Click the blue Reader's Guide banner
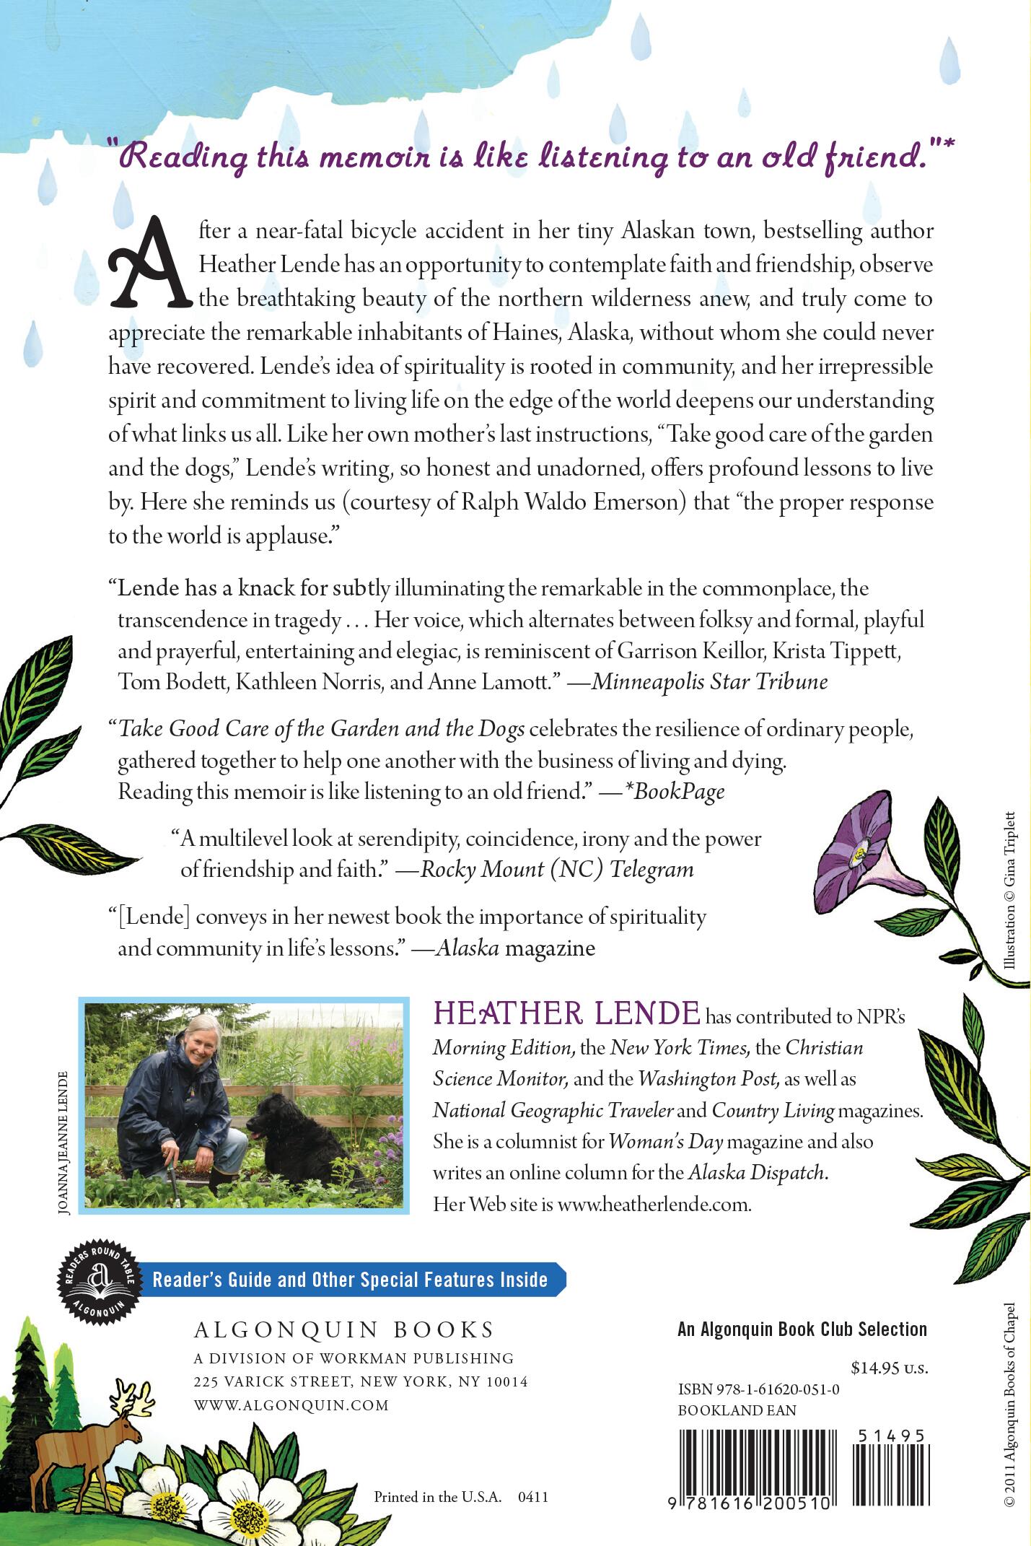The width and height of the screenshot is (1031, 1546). [351, 1280]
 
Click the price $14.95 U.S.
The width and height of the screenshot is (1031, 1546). [888, 1368]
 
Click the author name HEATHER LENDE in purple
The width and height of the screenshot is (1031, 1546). [566, 1013]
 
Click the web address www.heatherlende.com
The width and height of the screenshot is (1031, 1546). [654, 1205]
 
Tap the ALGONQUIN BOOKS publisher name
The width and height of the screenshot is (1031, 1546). [344, 1329]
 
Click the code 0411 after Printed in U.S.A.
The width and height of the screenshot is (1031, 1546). [533, 1496]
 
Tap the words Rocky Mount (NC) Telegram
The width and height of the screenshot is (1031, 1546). [557, 869]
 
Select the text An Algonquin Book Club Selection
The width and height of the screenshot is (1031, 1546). [802, 1329]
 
